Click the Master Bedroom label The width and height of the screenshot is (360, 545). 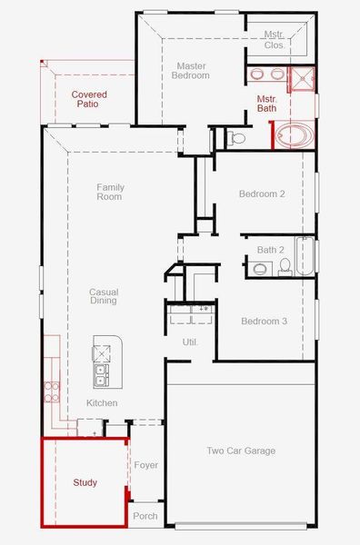click(x=191, y=71)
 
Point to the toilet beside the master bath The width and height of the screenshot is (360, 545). click(x=236, y=139)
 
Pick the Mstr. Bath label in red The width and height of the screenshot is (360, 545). click(x=266, y=104)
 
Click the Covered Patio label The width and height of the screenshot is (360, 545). click(x=90, y=99)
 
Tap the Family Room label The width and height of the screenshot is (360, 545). click(x=110, y=192)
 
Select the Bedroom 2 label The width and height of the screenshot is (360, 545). click(x=263, y=194)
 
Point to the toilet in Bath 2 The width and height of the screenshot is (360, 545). click(x=285, y=266)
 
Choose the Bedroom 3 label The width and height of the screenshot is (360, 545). click(x=265, y=322)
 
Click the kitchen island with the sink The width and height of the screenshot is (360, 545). click(x=105, y=362)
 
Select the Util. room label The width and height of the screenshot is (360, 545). click(x=190, y=342)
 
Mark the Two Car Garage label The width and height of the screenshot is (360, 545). click(x=241, y=451)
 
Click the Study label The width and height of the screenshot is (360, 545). click(x=85, y=482)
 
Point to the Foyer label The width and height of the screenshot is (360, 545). click(x=146, y=465)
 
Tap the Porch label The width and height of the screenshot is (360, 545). click(x=145, y=516)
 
